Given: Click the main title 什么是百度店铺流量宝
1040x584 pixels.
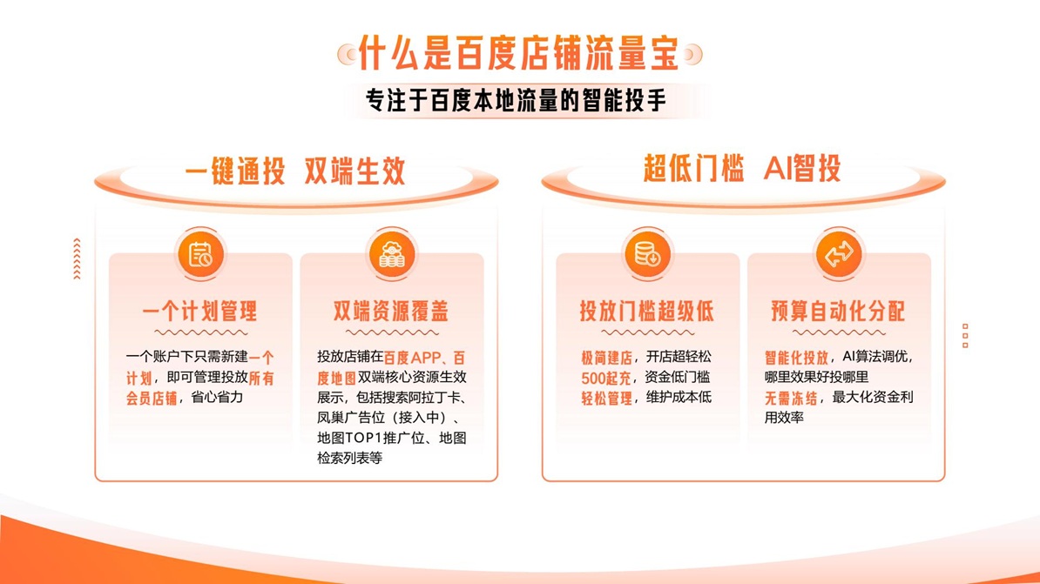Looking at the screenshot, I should click(519, 54).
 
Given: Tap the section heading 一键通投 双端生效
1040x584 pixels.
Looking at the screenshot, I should click(295, 171).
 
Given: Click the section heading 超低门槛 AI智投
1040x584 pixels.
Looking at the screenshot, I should click(742, 169).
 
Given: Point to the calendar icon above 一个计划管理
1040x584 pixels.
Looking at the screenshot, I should click(200, 255).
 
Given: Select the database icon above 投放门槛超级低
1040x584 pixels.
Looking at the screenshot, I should click(647, 255).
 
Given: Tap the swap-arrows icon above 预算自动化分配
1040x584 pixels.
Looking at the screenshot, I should click(838, 255).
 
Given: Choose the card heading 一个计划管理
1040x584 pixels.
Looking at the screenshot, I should click(200, 311).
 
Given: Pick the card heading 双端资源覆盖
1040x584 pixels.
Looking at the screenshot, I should click(391, 311).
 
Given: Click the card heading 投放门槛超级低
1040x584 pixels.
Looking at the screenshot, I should click(647, 311).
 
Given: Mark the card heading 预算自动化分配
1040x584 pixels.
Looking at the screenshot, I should click(838, 311).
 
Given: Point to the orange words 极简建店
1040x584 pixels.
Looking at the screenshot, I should click(607, 357).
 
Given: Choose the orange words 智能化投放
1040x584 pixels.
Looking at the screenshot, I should click(796, 357).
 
